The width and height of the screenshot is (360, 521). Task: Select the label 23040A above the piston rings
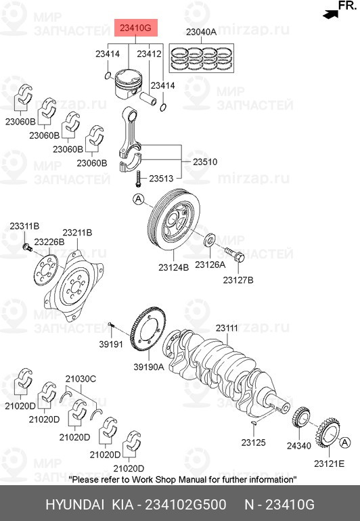(x=201, y=32)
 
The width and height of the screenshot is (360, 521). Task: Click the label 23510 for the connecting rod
(x=205, y=162)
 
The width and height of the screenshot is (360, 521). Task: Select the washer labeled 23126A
(x=210, y=240)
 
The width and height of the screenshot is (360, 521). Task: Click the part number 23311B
(x=24, y=225)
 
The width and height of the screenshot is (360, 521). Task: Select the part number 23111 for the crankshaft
(x=227, y=328)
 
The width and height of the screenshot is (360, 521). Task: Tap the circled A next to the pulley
(x=138, y=199)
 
